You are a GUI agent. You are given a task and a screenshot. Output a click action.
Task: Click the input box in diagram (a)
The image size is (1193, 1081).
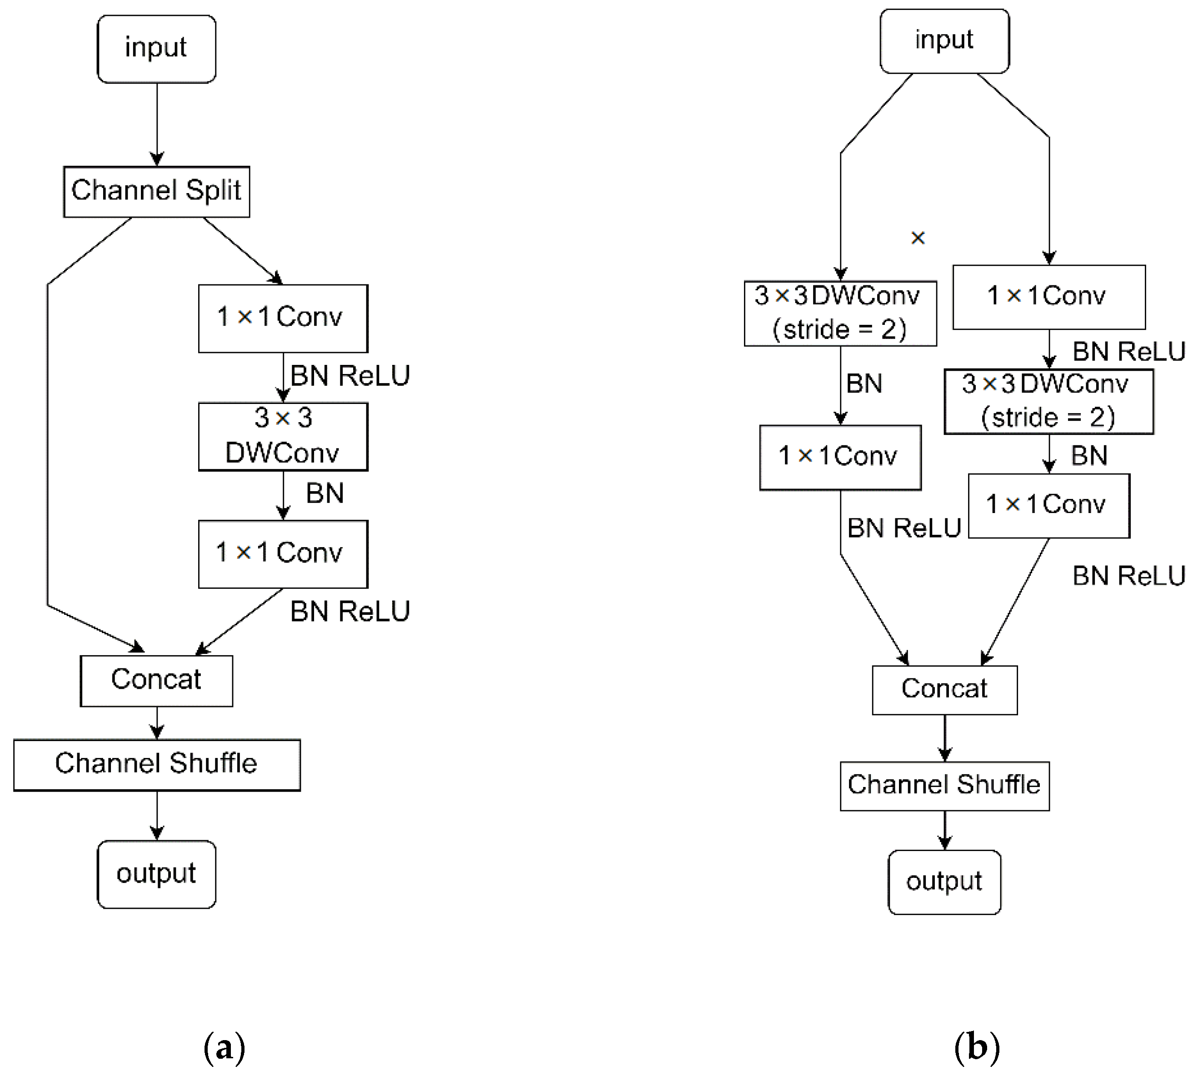point(156,49)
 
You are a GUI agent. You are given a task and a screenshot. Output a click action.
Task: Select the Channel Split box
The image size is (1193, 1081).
point(156,192)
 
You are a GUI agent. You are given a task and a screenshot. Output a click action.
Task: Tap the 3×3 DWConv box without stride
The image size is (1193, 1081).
point(283,437)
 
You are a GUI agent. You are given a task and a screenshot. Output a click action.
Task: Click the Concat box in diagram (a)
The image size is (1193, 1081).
point(156,680)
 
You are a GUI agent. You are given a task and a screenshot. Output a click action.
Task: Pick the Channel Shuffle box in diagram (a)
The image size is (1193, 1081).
point(156,764)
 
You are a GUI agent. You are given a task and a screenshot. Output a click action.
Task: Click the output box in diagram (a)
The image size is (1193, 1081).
point(156,874)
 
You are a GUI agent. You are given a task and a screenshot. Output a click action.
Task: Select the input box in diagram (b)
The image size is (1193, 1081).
point(944,41)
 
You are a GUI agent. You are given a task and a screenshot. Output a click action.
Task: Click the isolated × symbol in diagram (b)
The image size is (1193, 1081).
point(917,238)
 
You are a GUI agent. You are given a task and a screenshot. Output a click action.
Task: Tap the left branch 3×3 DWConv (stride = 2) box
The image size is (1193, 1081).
point(840,313)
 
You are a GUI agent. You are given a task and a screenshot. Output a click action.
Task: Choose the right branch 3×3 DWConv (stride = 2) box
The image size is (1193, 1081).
point(1048,401)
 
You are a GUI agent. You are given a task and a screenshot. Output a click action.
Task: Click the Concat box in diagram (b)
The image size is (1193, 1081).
point(944,690)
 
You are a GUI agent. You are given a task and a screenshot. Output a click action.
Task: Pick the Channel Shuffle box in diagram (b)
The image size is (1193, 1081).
point(944,786)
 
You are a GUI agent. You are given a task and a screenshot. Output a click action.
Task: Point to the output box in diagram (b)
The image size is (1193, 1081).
point(944,882)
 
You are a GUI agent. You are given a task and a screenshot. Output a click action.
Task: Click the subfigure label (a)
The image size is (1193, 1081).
point(224,1048)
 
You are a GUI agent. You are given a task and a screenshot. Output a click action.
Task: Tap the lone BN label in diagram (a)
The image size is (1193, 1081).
point(324,493)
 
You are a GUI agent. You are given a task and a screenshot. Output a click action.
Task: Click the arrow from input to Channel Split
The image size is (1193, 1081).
point(157,124)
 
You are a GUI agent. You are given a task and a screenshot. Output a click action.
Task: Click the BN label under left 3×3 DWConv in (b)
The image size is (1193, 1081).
point(864,384)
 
